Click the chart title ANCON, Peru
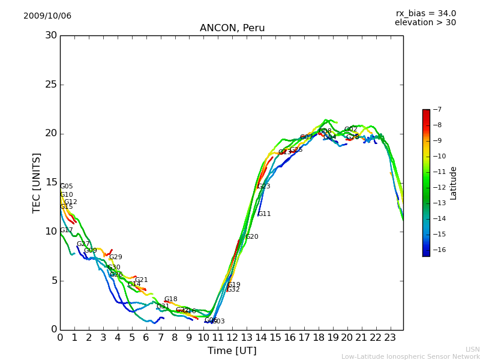pos(232,28)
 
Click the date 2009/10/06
pos(47,16)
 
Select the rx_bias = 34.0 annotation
pos(425,13)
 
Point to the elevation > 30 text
pos(425,23)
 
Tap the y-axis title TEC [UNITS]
pos(37,182)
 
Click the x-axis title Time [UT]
pos(232,350)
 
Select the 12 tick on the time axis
pos(233,337)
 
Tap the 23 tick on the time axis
pos(391,337)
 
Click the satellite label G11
pos(264,214)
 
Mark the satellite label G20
pos(251,236)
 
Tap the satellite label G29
pos(115,257)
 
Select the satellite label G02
pos(350,129)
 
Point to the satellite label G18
pos(170,299)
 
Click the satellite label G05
pos(66,186)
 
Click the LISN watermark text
pos(472,349)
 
